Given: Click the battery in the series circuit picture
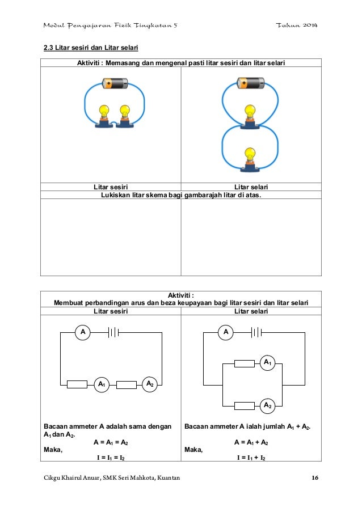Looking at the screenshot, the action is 115,84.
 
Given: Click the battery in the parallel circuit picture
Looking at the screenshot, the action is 250,84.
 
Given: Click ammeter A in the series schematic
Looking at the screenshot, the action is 83,332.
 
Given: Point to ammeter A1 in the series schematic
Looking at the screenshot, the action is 102,384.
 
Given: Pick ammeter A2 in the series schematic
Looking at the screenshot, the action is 149,384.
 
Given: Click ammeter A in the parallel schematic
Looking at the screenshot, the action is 226,332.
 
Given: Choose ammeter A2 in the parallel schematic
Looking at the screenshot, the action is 267,405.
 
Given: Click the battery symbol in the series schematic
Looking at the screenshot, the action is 113,332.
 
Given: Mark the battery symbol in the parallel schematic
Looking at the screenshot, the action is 256,332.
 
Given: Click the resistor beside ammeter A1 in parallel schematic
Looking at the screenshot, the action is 245,363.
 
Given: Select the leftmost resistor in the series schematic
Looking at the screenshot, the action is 77,384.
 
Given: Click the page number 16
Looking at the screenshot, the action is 314,479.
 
